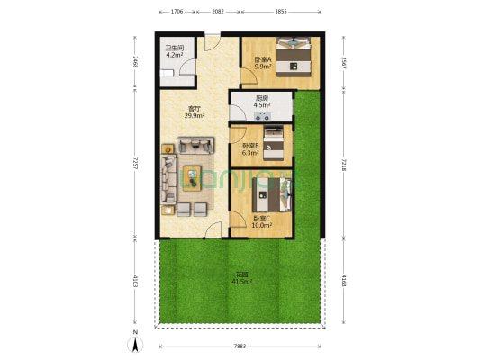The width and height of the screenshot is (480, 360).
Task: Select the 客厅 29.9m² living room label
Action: click(x=194, y=112)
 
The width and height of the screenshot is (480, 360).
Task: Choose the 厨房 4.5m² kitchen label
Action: click(x=262, y=102)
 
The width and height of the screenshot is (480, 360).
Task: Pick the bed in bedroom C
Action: click(x=280, y=193)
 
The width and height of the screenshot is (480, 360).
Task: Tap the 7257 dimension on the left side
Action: click(x=135, y=162)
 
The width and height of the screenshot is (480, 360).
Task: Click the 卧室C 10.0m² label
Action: click(x=261, y=222)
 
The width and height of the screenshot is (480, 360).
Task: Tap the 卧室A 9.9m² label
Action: click(x=263, y=63)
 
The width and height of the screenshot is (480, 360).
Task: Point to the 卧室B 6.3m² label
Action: click(x=249, y=148)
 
